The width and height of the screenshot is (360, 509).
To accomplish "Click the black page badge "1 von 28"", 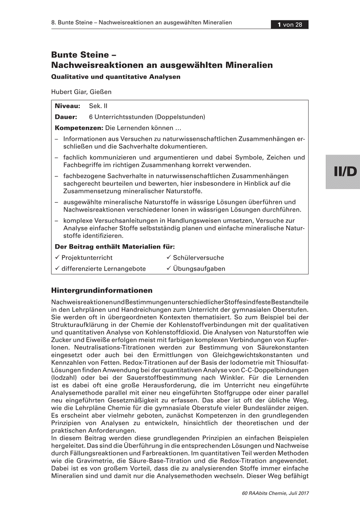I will (290, 25).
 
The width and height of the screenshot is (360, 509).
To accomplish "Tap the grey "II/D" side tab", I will (343, 171).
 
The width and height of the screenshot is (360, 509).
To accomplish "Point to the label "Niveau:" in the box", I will (67, 106).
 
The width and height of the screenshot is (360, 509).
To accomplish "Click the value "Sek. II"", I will (98, 106).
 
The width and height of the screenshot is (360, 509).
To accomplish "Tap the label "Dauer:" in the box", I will (66, 117).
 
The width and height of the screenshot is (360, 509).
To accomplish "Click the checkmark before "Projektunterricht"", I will (58, 257).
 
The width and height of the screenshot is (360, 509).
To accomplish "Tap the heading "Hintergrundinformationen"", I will (102, 291).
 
